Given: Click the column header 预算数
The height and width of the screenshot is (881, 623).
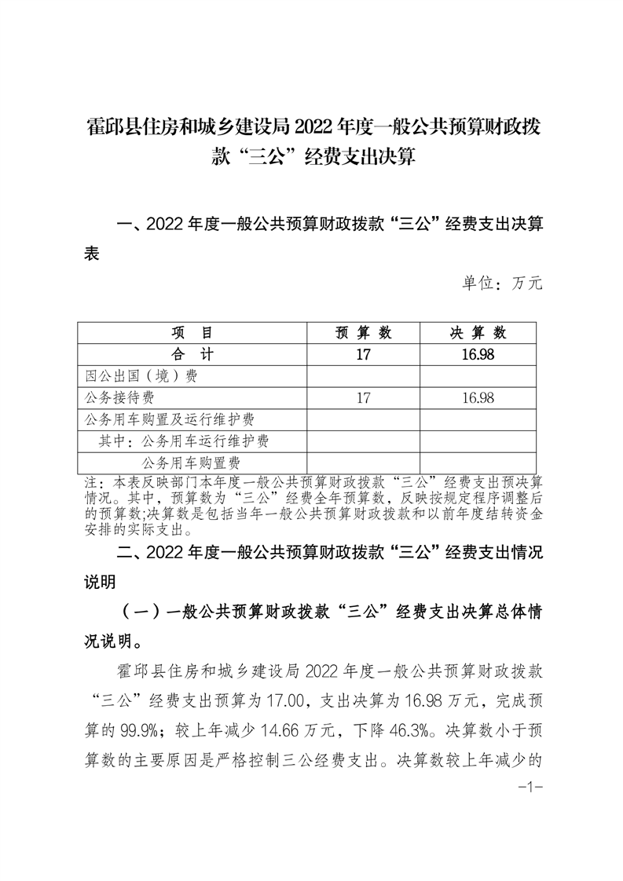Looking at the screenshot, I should click(x=363, y=333).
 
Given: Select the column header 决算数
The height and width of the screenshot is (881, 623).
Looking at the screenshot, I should click(x=478, y=333).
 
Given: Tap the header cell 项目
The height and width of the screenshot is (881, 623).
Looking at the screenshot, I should click(x=192, y=333).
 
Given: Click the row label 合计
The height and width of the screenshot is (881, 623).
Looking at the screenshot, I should click(x=192, y=354).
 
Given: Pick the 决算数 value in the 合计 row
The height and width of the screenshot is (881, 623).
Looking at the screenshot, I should click(x=478, y=354).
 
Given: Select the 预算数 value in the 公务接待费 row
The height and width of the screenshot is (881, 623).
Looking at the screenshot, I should click(x=363, y=398).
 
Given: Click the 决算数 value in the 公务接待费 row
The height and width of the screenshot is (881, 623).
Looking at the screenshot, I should click(x=478, y=398).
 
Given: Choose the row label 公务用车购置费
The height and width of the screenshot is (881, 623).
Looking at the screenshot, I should click(x=191, y=463).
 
